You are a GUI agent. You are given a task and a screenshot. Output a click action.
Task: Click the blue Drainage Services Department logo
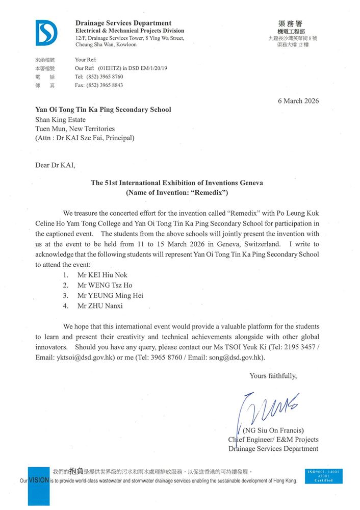coord(46,33)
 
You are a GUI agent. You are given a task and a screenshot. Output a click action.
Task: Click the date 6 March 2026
coord(298,100)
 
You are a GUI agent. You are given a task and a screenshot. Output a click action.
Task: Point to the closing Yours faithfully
coord(273,376)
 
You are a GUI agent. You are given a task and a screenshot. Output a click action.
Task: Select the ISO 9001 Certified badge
coord(323,476)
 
